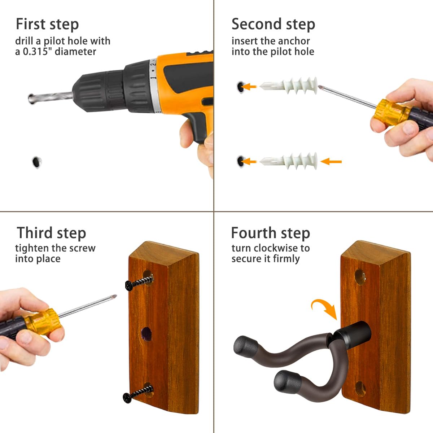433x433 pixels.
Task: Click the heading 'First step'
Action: coord(47,24)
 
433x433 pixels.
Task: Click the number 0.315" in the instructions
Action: coord(36,52)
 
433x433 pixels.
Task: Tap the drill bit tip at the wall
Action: coord(31,99)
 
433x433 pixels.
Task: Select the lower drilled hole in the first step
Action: coord(37,162)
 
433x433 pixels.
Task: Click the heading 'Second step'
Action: coord(273,24)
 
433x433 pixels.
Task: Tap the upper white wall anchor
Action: coord(289,86)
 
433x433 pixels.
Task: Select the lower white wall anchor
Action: coord(289,161)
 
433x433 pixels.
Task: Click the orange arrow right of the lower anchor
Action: coord(331,162)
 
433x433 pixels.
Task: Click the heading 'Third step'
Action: coord(52,233)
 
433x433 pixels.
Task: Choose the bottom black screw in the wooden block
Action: coord(138,395)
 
